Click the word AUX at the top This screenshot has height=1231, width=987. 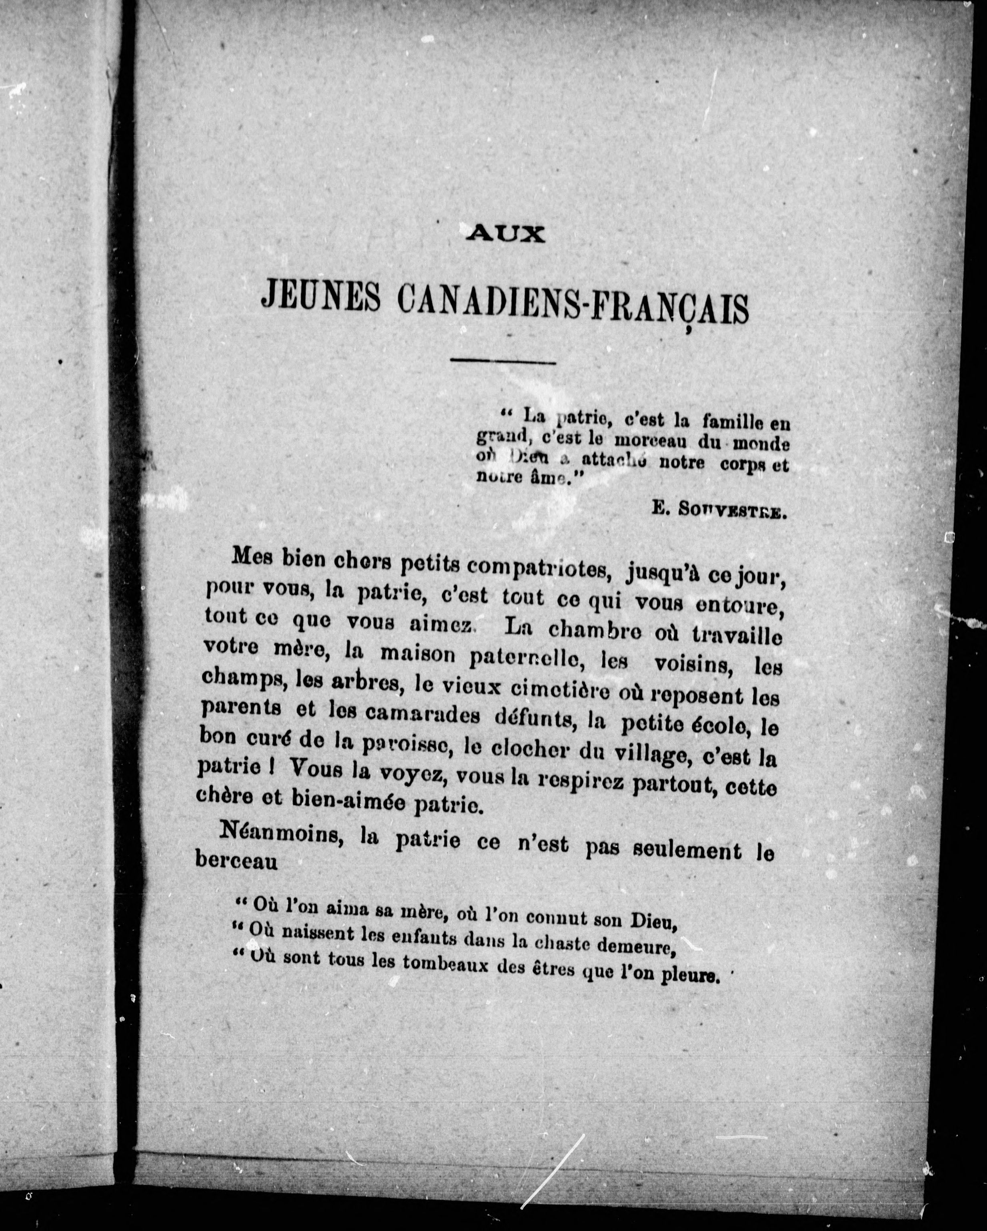tap(505, 234)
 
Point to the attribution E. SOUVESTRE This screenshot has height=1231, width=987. tap(720, 510)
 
